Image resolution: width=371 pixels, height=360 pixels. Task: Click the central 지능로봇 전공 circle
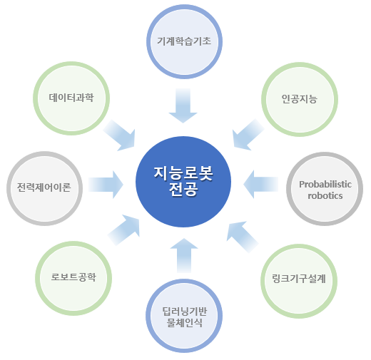183,182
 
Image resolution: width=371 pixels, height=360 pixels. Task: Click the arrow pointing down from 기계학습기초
183,106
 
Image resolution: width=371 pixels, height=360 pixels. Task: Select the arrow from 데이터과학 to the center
120,135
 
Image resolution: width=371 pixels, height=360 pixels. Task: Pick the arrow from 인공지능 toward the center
248,135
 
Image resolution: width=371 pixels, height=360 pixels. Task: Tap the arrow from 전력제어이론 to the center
106,185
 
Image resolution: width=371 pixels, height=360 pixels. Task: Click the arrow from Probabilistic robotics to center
260,184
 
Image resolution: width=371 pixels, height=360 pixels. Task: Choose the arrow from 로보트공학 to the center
124,230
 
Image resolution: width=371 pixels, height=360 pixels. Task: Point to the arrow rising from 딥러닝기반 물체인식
184,255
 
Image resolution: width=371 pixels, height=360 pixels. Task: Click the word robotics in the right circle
325,196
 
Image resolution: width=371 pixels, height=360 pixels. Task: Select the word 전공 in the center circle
183,190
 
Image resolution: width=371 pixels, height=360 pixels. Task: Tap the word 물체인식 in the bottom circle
184,323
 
